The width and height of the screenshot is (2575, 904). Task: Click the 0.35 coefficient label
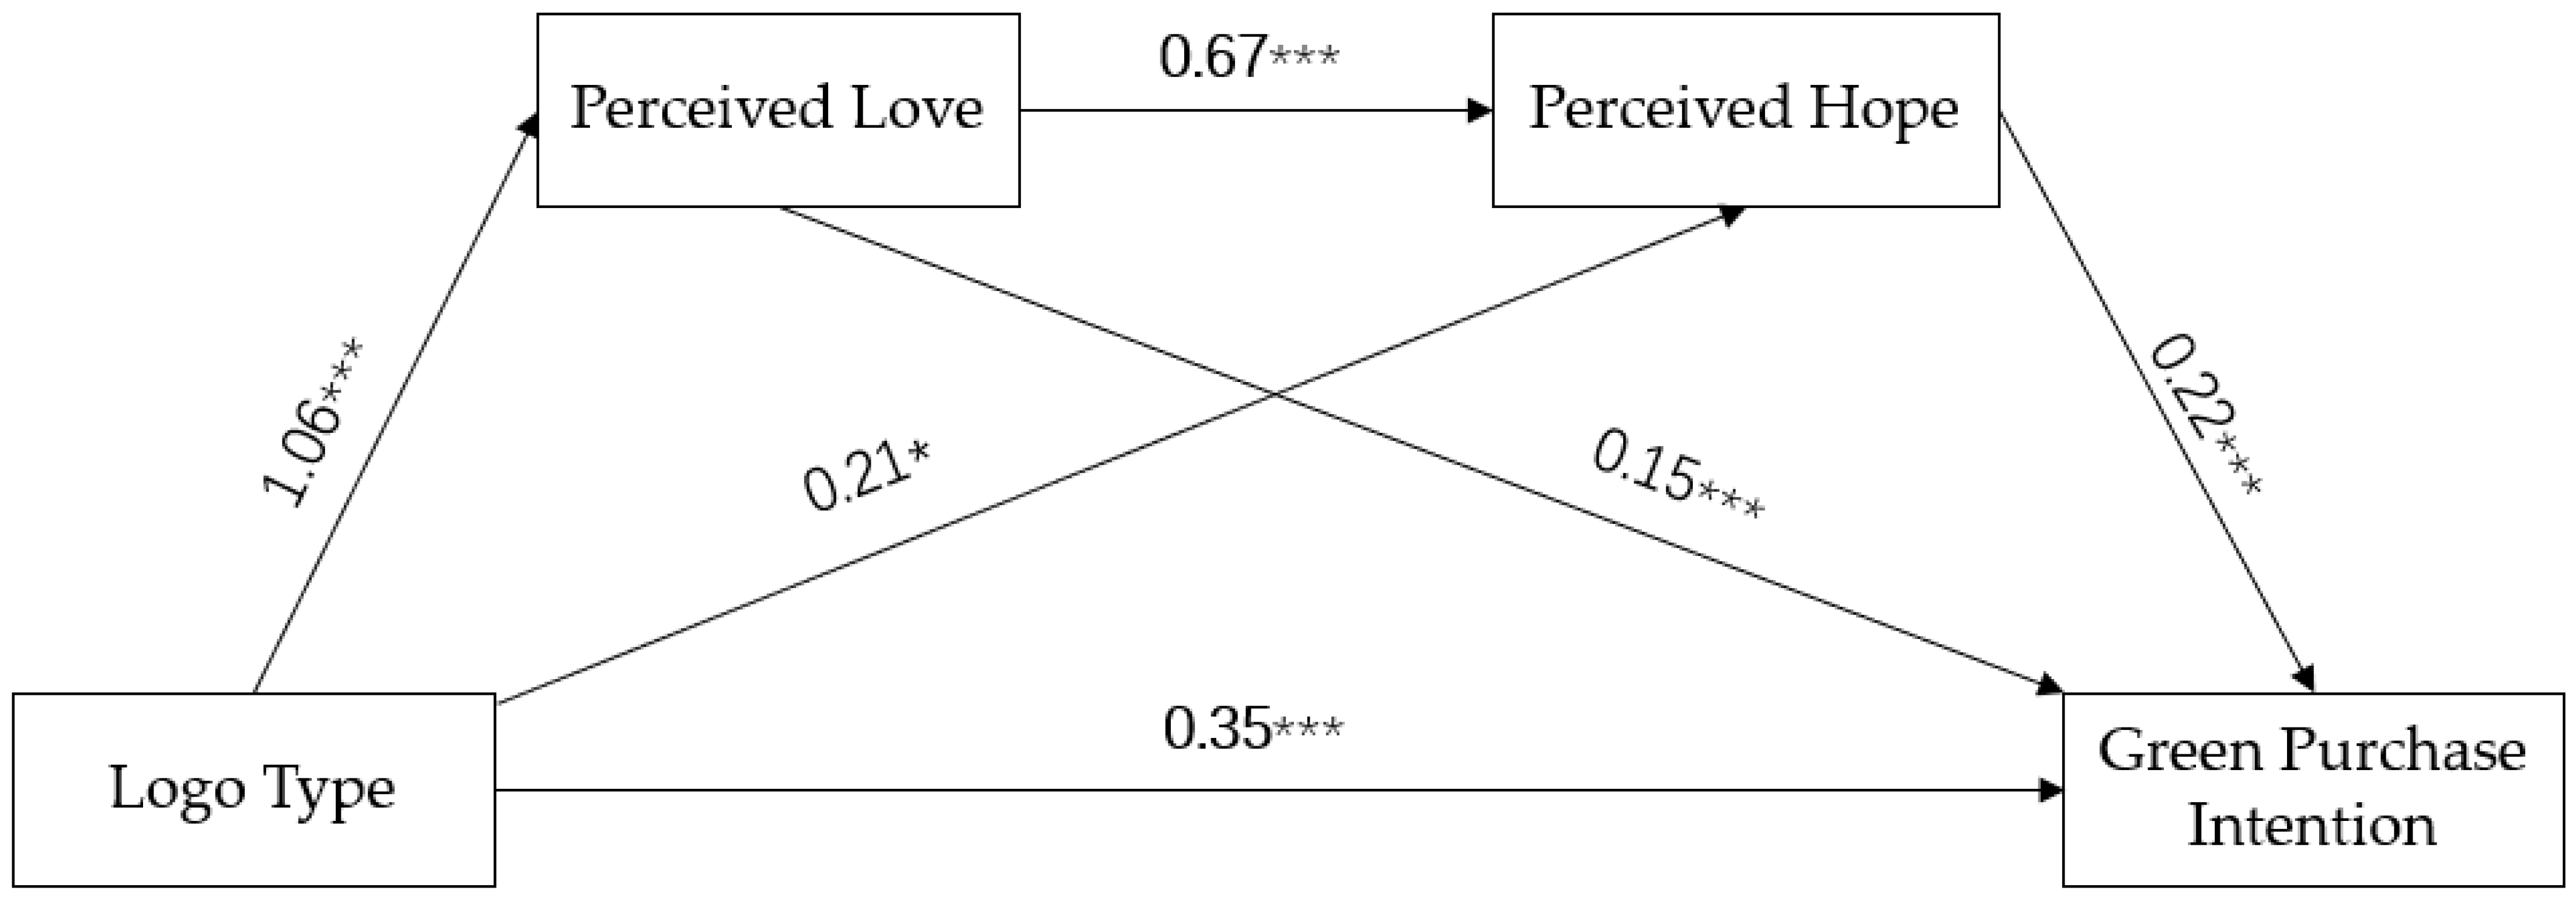(1216, 728)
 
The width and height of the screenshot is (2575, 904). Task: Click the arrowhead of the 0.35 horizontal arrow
(2051, 790)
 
